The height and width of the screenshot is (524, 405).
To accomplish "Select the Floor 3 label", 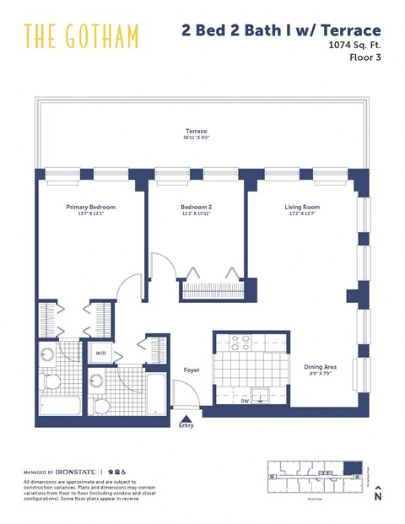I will pyautogui.click(x=365, y=61).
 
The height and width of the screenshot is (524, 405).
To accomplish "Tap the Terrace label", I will pyautogui.click(x=197, y=131).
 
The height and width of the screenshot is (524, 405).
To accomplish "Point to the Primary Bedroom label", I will pyautogui.click(x=90, y=207).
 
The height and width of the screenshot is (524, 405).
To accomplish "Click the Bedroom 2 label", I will pyautogui.click(x=196, y=207).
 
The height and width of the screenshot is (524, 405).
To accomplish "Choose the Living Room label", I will pyautogui.click(x=301, y=207).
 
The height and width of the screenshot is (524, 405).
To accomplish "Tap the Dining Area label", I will pyautogui.click(x=320, y=367).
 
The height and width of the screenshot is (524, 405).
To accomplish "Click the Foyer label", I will pyautogui.click(x=192, y=370).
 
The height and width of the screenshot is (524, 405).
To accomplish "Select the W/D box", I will pyautogui.click(x=100, y=353).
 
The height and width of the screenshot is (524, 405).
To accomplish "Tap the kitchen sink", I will pyautogui.click(x=262, y=394).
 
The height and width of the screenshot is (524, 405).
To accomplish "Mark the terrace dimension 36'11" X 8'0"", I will pyautogui.click(x=197, y=138).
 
